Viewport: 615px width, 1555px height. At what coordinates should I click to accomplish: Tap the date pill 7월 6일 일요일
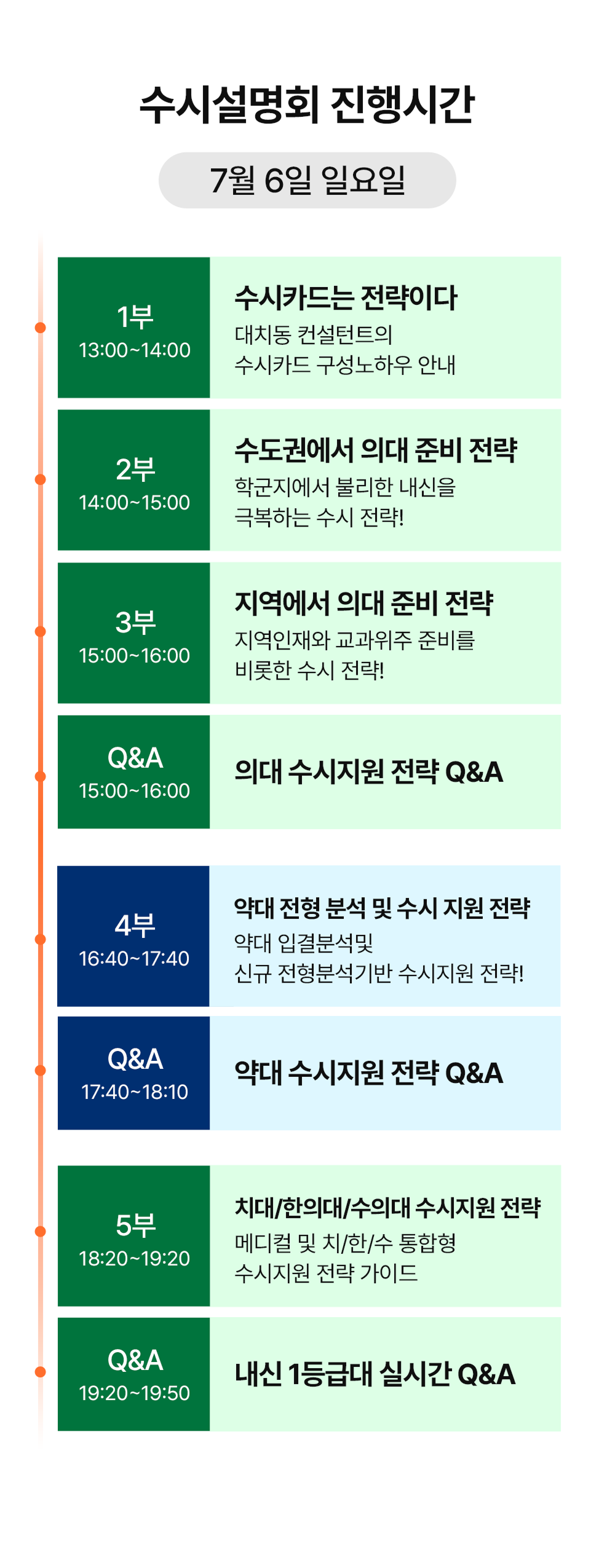click(307, 180)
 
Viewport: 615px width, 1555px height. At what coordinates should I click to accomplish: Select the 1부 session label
click(135, 317)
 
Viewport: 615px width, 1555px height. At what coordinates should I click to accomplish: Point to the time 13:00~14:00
click(135, 350)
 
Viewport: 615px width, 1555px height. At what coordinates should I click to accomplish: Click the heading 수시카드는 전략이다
click(346, 298)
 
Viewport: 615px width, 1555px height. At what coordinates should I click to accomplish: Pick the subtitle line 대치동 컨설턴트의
click(314, 334)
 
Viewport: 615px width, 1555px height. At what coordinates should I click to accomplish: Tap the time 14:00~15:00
click(135, 502)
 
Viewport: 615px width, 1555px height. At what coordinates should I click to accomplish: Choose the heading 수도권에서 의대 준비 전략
click(376, 450)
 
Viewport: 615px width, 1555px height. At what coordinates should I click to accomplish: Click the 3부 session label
click(135, 622)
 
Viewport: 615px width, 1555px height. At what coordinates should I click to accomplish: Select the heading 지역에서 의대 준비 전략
click(364, 603)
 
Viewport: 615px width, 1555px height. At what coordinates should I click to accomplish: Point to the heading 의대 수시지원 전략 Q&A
click(369, 772)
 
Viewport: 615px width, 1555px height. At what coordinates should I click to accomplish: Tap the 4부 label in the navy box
click(135, 925)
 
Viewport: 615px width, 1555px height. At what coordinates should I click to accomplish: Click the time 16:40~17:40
click(134, 958)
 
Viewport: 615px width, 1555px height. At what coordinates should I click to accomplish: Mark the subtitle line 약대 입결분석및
click(304, 942)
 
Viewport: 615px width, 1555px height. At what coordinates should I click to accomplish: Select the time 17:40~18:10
click(135, 1092)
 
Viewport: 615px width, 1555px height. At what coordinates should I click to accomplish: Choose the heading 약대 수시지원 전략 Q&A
click(369, 1073)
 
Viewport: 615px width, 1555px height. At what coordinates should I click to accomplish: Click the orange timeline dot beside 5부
click(41, 1231)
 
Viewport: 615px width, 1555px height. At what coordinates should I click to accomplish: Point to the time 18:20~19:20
click(135, 1258)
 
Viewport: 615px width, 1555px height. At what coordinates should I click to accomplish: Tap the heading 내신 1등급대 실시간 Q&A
click(375, 1374)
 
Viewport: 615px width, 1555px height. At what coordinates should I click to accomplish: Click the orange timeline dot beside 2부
click(41, 479)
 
